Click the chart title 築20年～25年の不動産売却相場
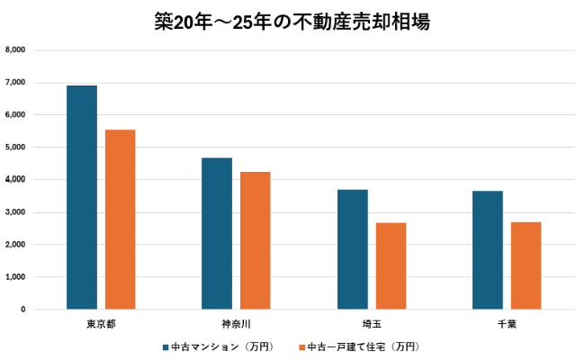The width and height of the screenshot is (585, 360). (x=292, y=22)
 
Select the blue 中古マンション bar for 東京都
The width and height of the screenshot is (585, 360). (x=82, y=197)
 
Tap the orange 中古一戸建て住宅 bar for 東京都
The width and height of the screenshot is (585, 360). (x=121, y=220)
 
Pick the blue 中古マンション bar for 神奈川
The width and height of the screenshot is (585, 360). (x=217, y=233)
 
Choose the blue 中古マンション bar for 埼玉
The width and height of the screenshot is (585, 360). (x=353, y=249)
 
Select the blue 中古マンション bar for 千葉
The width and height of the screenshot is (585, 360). (x=488, y=250)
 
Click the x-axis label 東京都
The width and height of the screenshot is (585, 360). (x=101, y=322)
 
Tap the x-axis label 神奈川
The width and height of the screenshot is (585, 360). (x=236, y=322)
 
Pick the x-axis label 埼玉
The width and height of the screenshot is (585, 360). (x=372, y=322)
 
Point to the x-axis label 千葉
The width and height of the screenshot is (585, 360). (x=507, y=322)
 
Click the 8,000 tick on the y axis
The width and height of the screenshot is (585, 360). (x=15, y=50)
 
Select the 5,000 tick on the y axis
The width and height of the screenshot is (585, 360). (x=15, y=148)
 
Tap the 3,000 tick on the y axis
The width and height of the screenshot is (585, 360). (x=15, y=212)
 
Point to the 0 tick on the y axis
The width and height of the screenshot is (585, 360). (x=22, y=310)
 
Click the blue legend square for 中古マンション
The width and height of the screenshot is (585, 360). (x=166, y=346)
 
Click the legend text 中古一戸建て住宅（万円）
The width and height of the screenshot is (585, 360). (x=364, y=346)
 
